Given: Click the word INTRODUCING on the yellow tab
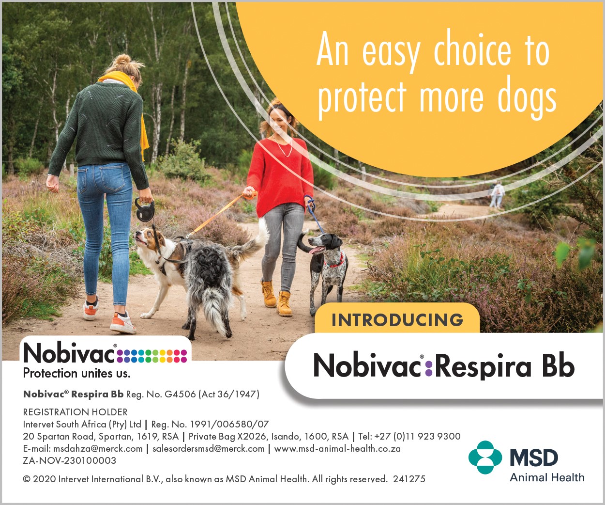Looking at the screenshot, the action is (x=397, y=320).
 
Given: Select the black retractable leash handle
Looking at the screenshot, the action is (x=145, y=209).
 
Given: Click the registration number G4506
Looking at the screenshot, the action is (x=180, y=394).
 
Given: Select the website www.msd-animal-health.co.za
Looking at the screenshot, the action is (x=337, y=449).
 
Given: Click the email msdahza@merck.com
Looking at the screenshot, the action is (x=98, y=449).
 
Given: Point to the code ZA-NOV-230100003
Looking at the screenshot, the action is (x=70, y=460).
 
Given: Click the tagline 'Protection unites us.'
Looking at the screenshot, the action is (x=77, y=373).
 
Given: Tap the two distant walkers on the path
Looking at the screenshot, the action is (x=497, y=194).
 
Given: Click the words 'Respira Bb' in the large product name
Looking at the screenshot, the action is (x=504, y=366).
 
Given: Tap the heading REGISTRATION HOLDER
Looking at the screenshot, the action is (x=76, y=412).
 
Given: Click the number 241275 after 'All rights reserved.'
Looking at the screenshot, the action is (x=409, y=479).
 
